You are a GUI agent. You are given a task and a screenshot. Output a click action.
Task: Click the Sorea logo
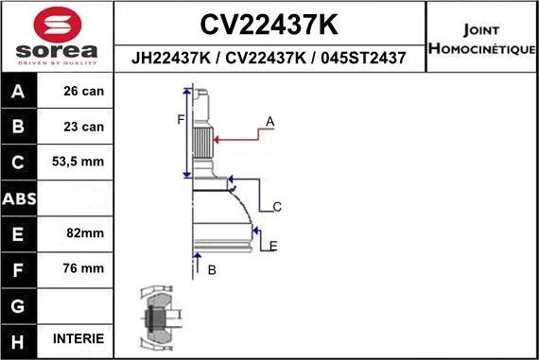(57, 35)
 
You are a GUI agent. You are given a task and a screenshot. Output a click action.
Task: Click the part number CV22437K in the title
(270, 22)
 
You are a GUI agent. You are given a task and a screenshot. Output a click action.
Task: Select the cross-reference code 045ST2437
(365, 59)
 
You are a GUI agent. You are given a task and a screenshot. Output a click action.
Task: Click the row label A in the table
(19, 93)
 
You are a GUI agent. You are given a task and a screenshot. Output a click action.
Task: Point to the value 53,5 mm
(79, 163)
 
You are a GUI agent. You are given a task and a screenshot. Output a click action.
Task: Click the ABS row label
(19, 198)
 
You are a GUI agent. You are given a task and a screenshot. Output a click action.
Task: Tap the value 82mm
(79, 233)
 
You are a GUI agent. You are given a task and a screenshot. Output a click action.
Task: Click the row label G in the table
(19, 304)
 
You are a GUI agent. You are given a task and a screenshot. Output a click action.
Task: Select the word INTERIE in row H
(79, 338)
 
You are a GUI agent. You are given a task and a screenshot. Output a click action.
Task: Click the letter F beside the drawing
(180, 119)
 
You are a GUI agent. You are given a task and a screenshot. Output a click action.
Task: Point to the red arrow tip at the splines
(217, 139)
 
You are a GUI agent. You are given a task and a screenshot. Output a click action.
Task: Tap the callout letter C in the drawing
(277, 207)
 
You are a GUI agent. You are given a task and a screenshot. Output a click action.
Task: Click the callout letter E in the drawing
(273, 247)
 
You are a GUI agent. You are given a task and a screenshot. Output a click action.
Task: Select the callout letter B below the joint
(212, 271)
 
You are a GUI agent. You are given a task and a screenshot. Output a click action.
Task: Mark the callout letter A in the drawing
(269, 122)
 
